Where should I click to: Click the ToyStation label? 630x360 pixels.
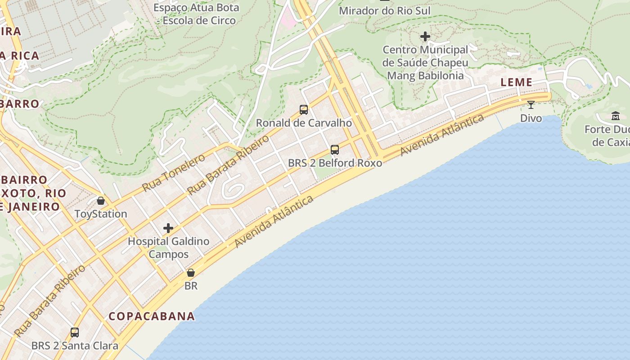tap(101, 214)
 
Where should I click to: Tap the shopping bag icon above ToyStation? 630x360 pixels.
tap(101, 201)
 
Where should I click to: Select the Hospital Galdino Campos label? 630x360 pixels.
tap(168, 247)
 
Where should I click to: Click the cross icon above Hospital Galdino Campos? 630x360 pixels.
tap(168, 228)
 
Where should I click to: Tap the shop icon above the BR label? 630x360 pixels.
tap(191, 273)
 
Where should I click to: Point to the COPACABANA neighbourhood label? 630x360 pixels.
tap(152, 316)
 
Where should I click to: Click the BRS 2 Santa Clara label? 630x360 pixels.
tap(75, 346)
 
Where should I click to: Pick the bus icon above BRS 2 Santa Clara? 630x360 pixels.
tap(75, 333)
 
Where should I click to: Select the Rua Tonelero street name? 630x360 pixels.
tap(173, 172)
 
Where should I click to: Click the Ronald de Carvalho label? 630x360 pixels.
tap(304, 123)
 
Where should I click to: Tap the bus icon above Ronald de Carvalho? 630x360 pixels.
tap(304, 109)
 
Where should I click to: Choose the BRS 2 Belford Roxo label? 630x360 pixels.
tap(335, 163)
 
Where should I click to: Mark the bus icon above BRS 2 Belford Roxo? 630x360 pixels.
tap(335, 150)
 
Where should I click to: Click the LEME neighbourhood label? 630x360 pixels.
tap(517, 82)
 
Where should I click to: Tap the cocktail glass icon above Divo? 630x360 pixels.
tap(531, 105)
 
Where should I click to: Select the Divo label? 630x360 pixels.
tap(531, 118)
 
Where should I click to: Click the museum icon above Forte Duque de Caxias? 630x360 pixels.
tap(616, 116)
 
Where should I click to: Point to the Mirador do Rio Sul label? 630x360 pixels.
tap(384, 10)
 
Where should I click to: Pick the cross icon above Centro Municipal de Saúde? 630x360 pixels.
tap(425, 36)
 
